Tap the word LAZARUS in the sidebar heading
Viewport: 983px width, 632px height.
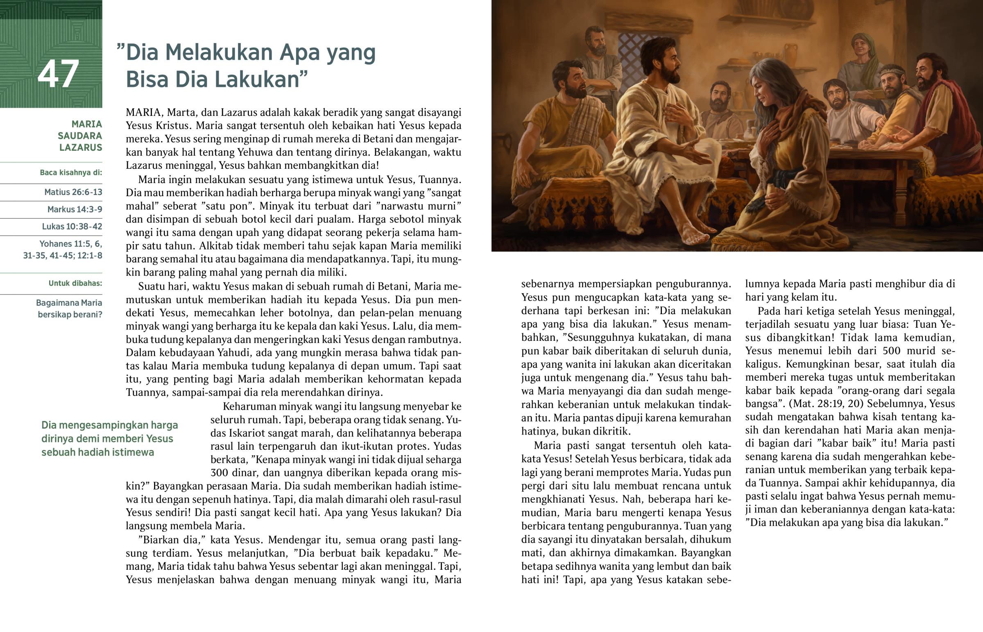coord(81,147)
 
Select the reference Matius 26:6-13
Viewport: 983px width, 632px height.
coord(73,192)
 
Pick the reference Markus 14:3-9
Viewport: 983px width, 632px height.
coord(75,209)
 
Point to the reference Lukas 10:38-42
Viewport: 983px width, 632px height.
coord(72,227)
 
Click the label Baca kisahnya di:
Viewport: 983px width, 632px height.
coord(70,172)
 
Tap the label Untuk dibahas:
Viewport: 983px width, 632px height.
coord(75,283)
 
